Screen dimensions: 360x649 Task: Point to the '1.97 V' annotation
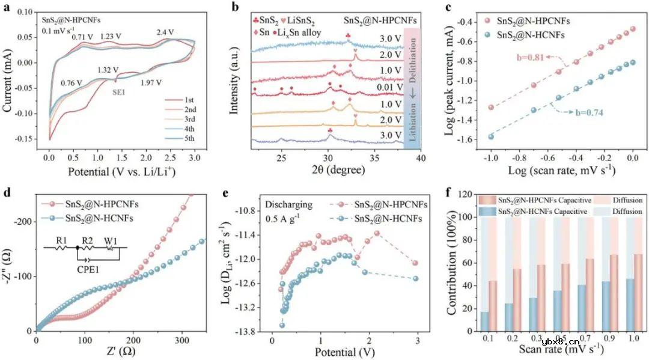tap(151, 84)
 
